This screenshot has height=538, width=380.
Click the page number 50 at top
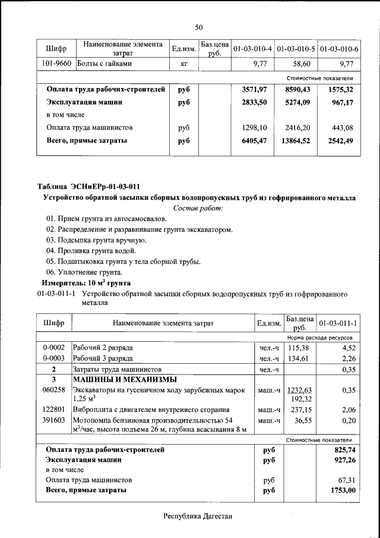point(199,27)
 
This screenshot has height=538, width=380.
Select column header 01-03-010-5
point(296,48)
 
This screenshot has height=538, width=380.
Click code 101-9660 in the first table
point(58,64)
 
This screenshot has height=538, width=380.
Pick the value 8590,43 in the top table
point(297,89)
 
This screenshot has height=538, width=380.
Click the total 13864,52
point(296,140)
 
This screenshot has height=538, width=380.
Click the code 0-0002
point(53,347)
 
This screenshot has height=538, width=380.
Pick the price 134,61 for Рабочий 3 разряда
point(299,358)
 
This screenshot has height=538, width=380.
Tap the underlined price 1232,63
point(299,390)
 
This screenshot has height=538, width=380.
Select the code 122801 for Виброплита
point(53,410)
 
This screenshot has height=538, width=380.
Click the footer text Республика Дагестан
point(198,516)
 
